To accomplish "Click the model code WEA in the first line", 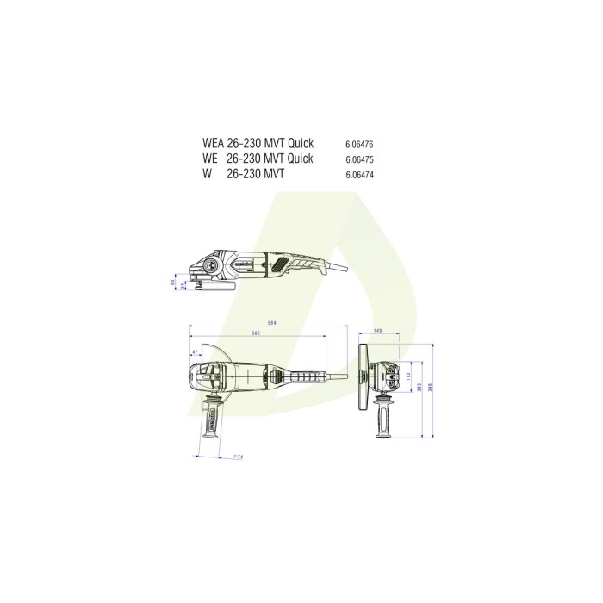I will pos(213,143).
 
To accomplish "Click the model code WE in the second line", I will pos(210,159).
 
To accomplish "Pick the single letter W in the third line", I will pos(208,174).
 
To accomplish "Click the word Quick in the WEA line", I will pos(302,143).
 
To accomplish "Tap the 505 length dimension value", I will pos(256,333).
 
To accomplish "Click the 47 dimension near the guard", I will pos(195,352).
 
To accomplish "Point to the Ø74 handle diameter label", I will pos(238,457).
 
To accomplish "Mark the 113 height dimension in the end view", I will pos(409,375).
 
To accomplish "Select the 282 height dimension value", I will pos(420,385).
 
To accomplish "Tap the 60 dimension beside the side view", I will pos(172,282).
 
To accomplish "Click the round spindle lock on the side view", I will pos(212,266).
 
